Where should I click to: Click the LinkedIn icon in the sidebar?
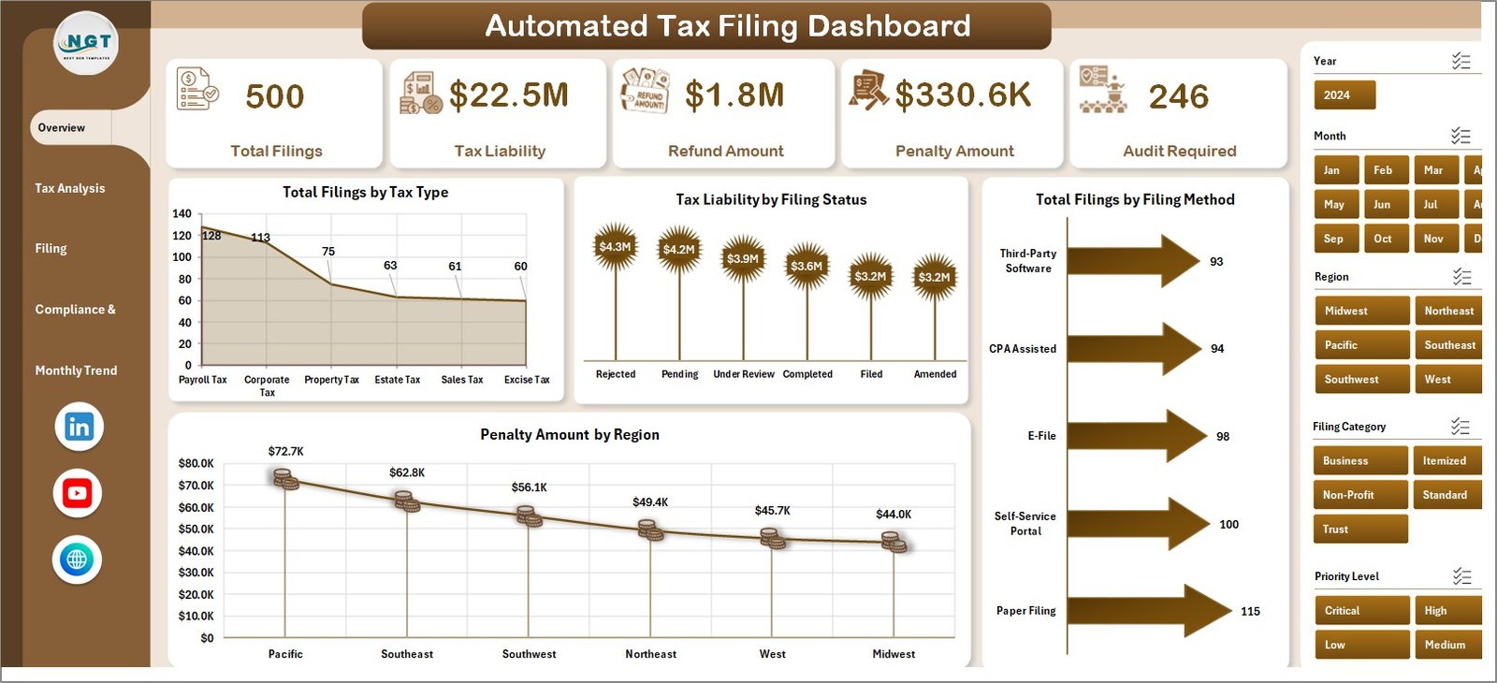point(79,427)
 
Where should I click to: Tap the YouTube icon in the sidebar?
point(77,493)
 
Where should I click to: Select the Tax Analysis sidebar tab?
point(70,188)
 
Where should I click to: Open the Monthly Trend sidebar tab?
point(76,371)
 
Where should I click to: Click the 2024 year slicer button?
point(1344,95)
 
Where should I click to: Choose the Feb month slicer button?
point(1383,170)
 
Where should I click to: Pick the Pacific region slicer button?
point(1360,345)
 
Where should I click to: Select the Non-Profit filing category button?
point(1359,495)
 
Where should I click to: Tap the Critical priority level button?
point(1360,611)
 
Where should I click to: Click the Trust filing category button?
point(1359,530)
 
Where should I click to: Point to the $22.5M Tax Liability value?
point(508,95)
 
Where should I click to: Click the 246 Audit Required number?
point(1178,96)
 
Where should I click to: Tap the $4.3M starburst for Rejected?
point(615,247)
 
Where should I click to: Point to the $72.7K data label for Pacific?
point(285,451)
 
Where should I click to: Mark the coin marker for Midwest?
point(894,542)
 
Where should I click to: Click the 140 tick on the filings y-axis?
point(182,213)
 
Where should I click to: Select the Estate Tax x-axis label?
point(397,380)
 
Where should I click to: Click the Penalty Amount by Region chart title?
point(569,434)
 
